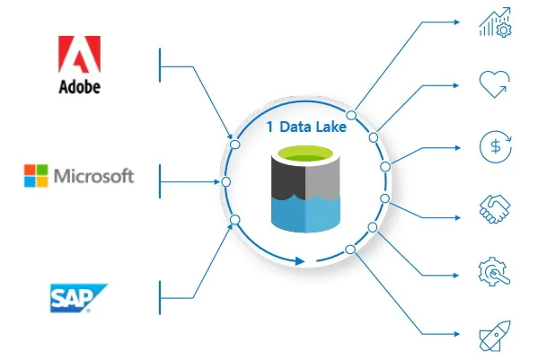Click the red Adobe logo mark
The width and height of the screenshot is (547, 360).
coord(79,55)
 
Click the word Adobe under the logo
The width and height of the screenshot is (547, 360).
coord(79,87)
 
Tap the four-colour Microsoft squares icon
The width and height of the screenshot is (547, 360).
coord(36,175)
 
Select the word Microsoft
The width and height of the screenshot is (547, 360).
coord(94,175)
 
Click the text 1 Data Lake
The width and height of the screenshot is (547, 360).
coord(307,127)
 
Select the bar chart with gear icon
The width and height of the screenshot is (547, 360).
coord(495,23)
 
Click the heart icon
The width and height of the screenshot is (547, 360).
coord(495,83)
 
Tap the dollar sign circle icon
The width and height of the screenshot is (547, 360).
coord(495,146)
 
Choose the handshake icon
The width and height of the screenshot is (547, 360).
coord(495,210)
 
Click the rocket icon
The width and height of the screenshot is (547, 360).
coord(495,337)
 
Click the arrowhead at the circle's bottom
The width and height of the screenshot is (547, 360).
coord(300,261)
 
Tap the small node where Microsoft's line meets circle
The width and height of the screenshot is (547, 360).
coord(226,181)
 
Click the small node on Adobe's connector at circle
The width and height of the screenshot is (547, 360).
coord(235,144)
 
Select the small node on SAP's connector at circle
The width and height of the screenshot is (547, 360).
coord(235,219)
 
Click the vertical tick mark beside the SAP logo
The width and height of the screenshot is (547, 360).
coord(160,294)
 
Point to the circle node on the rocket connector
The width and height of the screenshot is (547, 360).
coord(351,249)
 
